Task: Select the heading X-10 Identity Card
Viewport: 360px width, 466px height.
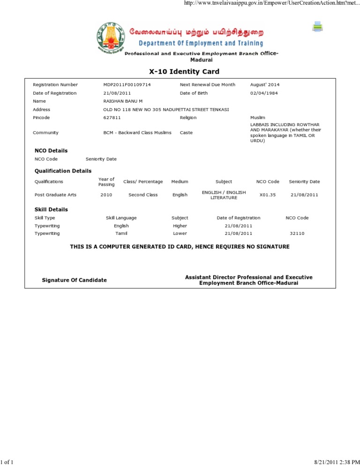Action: click(x=184, y=72)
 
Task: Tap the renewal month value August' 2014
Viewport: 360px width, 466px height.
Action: click(x=265, y=84)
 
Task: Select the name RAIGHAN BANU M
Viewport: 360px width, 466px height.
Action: click(x=123, y=101)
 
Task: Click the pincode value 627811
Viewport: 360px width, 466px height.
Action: click(x=112, y=117)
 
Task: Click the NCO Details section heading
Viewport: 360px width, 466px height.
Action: click(x=51, y=150)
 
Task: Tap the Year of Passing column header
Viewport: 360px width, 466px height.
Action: click(x=106, y=181)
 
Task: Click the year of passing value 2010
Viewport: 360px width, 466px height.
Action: click(x=106, y=195)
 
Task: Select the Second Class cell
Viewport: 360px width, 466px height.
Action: click(x=143, y=195)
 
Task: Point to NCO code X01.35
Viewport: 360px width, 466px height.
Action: click(x=267, y=195)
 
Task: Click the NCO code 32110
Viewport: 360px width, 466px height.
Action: click(x=297, y=233)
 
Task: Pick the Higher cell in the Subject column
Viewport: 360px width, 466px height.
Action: click(x=180, y=225)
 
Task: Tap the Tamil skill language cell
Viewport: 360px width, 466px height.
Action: click(x=121, y=233)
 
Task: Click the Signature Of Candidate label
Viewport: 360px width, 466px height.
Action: click(x=74, y=280)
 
